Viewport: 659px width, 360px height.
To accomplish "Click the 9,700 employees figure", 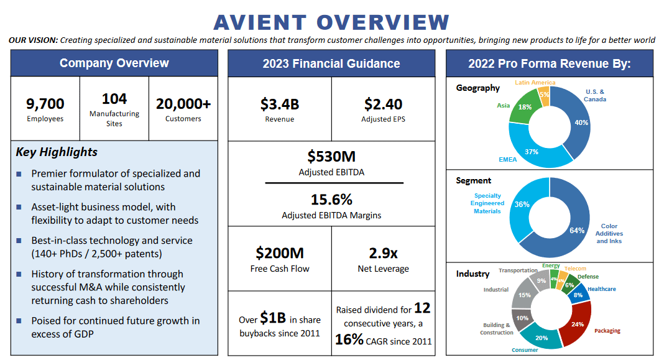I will [x=45, y=103].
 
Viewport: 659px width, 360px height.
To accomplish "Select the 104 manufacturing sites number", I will [x=114, y=99].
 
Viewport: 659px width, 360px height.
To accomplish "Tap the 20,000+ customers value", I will [x=183, y=103].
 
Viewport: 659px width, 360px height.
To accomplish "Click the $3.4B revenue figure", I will [x=279, y=104].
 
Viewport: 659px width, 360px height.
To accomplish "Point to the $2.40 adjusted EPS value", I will [x=383, y=104].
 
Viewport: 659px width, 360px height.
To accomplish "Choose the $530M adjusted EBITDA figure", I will [x=331, y=156].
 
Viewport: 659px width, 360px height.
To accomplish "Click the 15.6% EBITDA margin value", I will [x=331, y=200].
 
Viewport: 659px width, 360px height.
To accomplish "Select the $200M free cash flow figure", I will [x=279, y=252].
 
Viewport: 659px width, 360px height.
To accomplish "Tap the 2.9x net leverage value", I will [x=383, y=252].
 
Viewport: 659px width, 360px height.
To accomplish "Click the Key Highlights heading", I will [x=57, y=152].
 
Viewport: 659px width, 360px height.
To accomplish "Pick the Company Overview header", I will [x=114, y=63].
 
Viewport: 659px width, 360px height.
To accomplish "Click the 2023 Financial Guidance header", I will [x=331, y=63].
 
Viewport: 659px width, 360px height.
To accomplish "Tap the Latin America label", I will [x=535, y=83].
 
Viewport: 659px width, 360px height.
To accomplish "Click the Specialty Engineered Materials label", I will [x=487, y=203].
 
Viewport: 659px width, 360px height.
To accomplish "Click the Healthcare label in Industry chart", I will [x=601, y=289].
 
